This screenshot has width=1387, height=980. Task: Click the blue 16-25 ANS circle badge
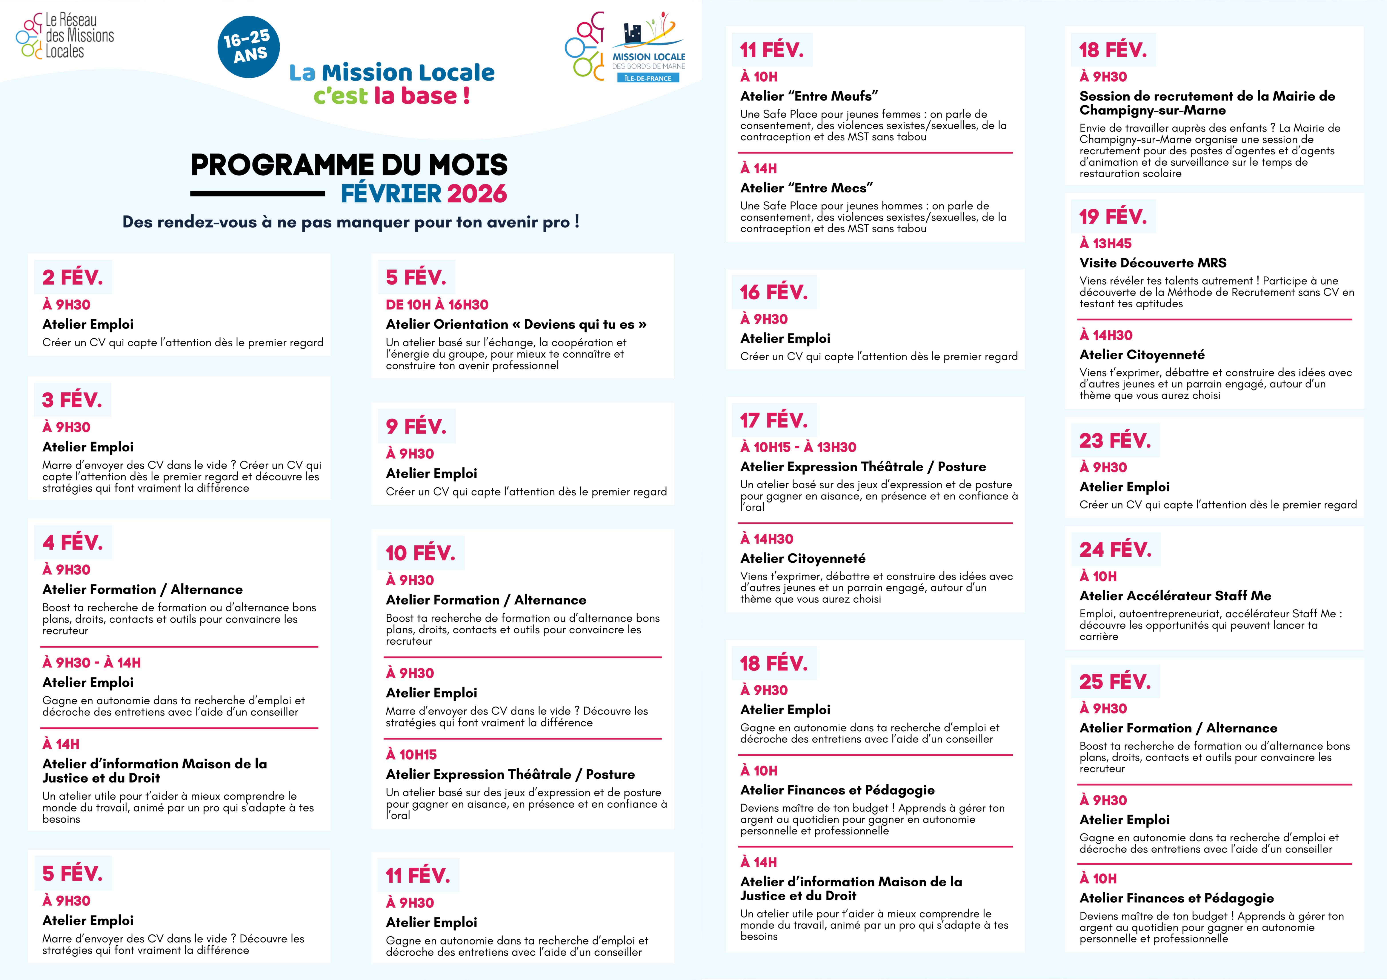point(248,47)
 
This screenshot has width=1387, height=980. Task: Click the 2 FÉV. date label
point(73,277)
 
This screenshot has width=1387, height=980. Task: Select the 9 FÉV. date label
point(416,426)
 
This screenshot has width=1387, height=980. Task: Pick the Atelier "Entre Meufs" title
point(809,96)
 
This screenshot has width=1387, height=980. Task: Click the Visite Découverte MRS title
point(1153,263)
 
